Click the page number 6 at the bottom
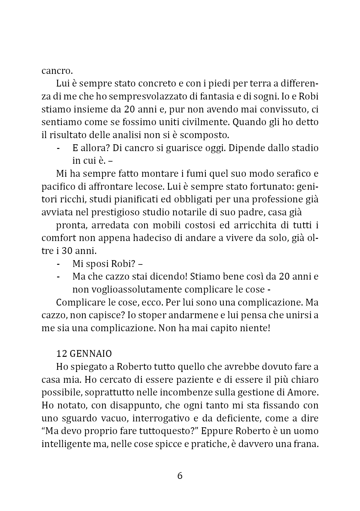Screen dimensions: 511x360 tap(180, 476)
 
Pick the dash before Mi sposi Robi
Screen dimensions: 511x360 tap(58, 264)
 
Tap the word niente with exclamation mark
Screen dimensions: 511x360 tap(255, 328)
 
